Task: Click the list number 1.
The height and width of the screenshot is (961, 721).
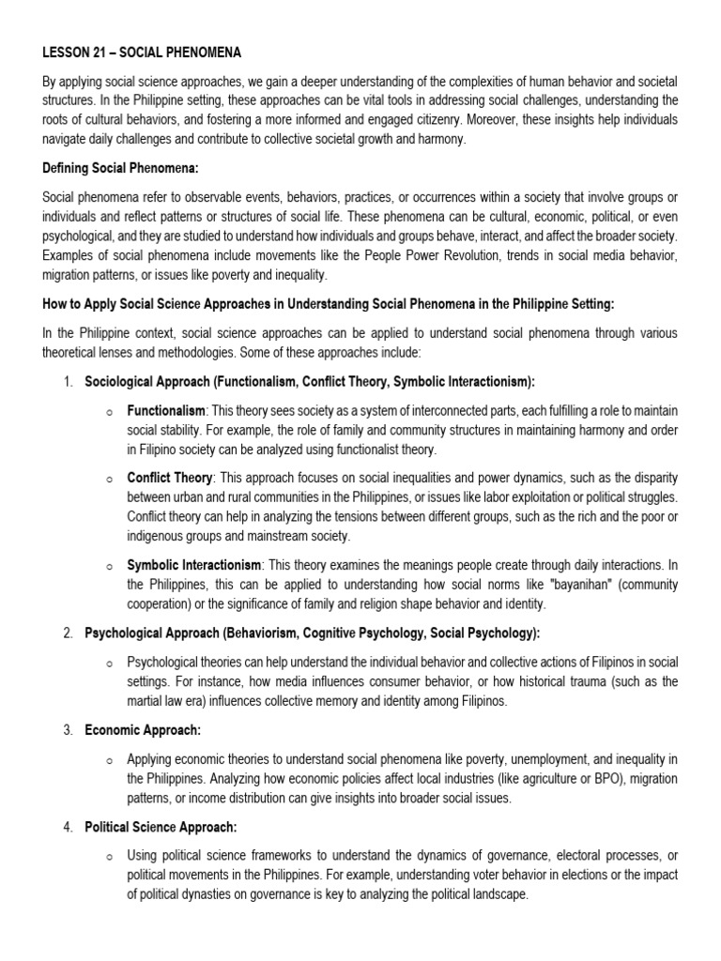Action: (68, 382)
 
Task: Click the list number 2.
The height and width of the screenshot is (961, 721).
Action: (68, 633)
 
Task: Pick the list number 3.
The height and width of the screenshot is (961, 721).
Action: (68, 729)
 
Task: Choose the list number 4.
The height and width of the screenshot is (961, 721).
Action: (68, 827)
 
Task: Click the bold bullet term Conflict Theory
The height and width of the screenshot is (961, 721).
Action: (170, 477)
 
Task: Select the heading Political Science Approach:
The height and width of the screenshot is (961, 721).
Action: (161, 827)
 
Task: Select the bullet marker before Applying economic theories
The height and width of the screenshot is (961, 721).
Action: (109, 758)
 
